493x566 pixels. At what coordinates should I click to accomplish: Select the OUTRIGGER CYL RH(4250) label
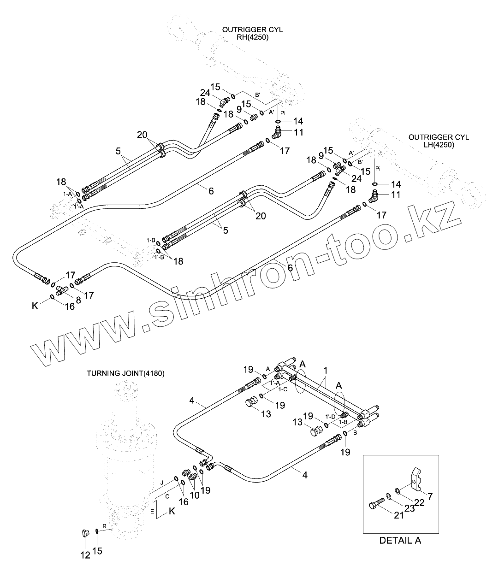tap(252, 33)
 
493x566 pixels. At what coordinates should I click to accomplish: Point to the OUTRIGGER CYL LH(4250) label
tap(439, 141)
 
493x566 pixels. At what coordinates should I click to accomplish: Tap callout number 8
tap(78, 299)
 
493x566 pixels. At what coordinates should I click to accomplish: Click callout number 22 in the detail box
tap(420, 502)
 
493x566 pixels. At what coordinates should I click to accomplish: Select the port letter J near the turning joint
tap(161, 482)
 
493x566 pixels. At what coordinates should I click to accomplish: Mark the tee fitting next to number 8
tap(62, 290)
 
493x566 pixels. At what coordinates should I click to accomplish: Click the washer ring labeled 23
tap(388, 495)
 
